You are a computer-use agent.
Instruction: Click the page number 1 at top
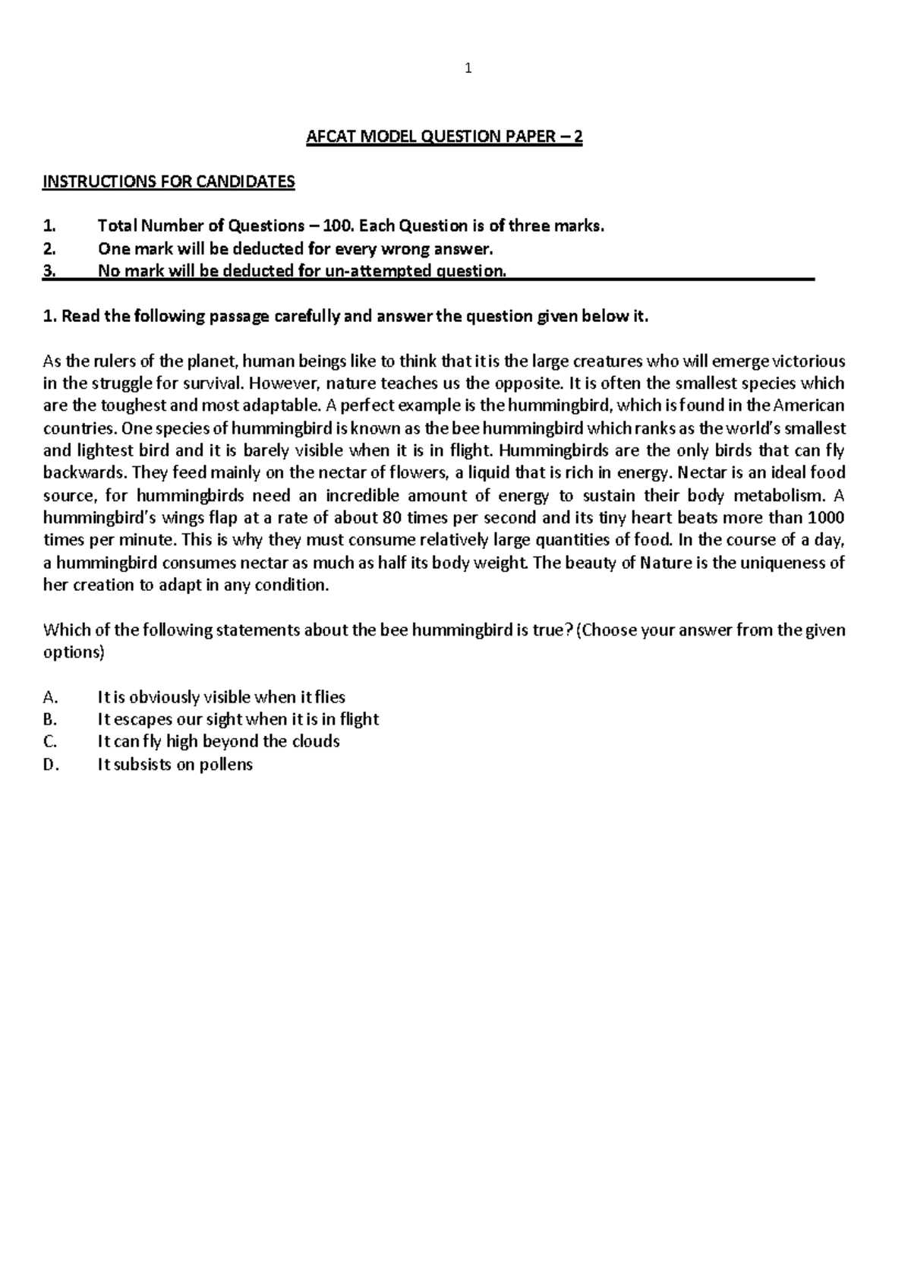tap(468, 69)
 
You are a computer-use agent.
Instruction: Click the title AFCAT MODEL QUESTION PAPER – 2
tap(444, 137)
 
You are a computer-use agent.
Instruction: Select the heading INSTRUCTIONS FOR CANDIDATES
tap(169, 182)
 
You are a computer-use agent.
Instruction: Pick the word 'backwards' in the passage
tap(84, 473)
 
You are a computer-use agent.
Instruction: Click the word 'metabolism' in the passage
tap(778, 496)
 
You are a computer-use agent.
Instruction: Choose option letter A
tap(51, 697)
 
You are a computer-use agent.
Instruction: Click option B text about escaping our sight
tap(238, 719)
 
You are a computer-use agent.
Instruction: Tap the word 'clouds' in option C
tap(316, 741)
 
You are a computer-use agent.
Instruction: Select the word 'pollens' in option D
tap(225, 764)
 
